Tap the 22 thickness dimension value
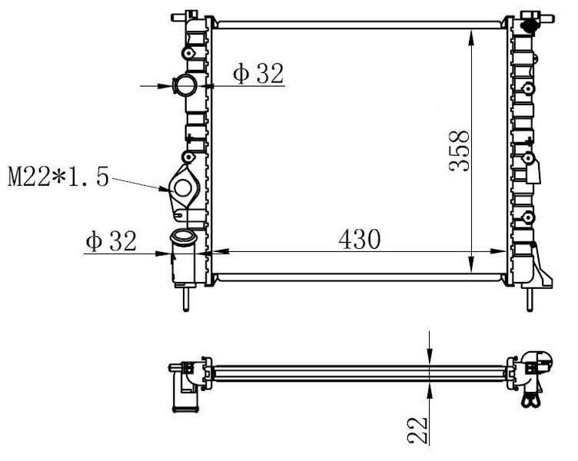pos(417,429)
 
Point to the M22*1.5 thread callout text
pos(58,179)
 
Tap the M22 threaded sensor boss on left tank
pos(184,187)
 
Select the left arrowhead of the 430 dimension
pos(216,251)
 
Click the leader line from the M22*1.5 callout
pos(138,183)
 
